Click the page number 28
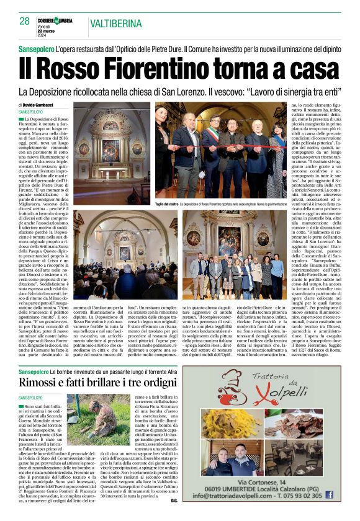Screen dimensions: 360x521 [x=24, y=21]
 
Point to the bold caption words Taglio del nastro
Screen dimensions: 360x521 [x=168, y=203]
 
